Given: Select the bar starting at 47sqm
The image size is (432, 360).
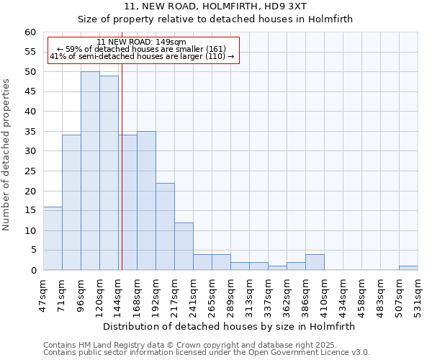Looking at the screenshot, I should pos(53,238).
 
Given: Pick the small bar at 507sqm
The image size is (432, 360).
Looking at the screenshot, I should pos(408,268).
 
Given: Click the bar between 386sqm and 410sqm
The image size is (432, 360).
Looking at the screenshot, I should pos(315,262).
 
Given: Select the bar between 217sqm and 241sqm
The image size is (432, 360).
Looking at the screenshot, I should pos(184,246).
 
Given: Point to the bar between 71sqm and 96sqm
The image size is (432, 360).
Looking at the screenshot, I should pos(71,202).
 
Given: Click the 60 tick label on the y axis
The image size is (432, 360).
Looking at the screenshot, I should pos(30,32).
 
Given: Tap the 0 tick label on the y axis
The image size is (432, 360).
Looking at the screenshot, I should pos(32,271).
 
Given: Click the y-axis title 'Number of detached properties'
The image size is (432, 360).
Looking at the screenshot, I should pos(7,155).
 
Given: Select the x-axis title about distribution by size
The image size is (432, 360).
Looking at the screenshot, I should pos(229,326).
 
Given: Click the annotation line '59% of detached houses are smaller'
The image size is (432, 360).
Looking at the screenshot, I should pos(141,49).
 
